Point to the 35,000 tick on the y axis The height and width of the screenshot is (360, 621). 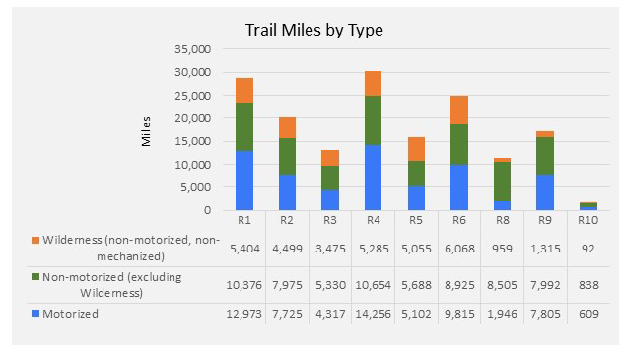click(191, 49)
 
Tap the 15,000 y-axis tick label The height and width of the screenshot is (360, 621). click(191, 141)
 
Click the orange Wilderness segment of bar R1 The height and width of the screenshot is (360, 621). click(245, 90)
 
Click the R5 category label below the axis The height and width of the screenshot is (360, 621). click(415, 221)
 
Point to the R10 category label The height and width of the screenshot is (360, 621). click(587, 221)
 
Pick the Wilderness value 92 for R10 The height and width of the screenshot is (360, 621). click(587, 248)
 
